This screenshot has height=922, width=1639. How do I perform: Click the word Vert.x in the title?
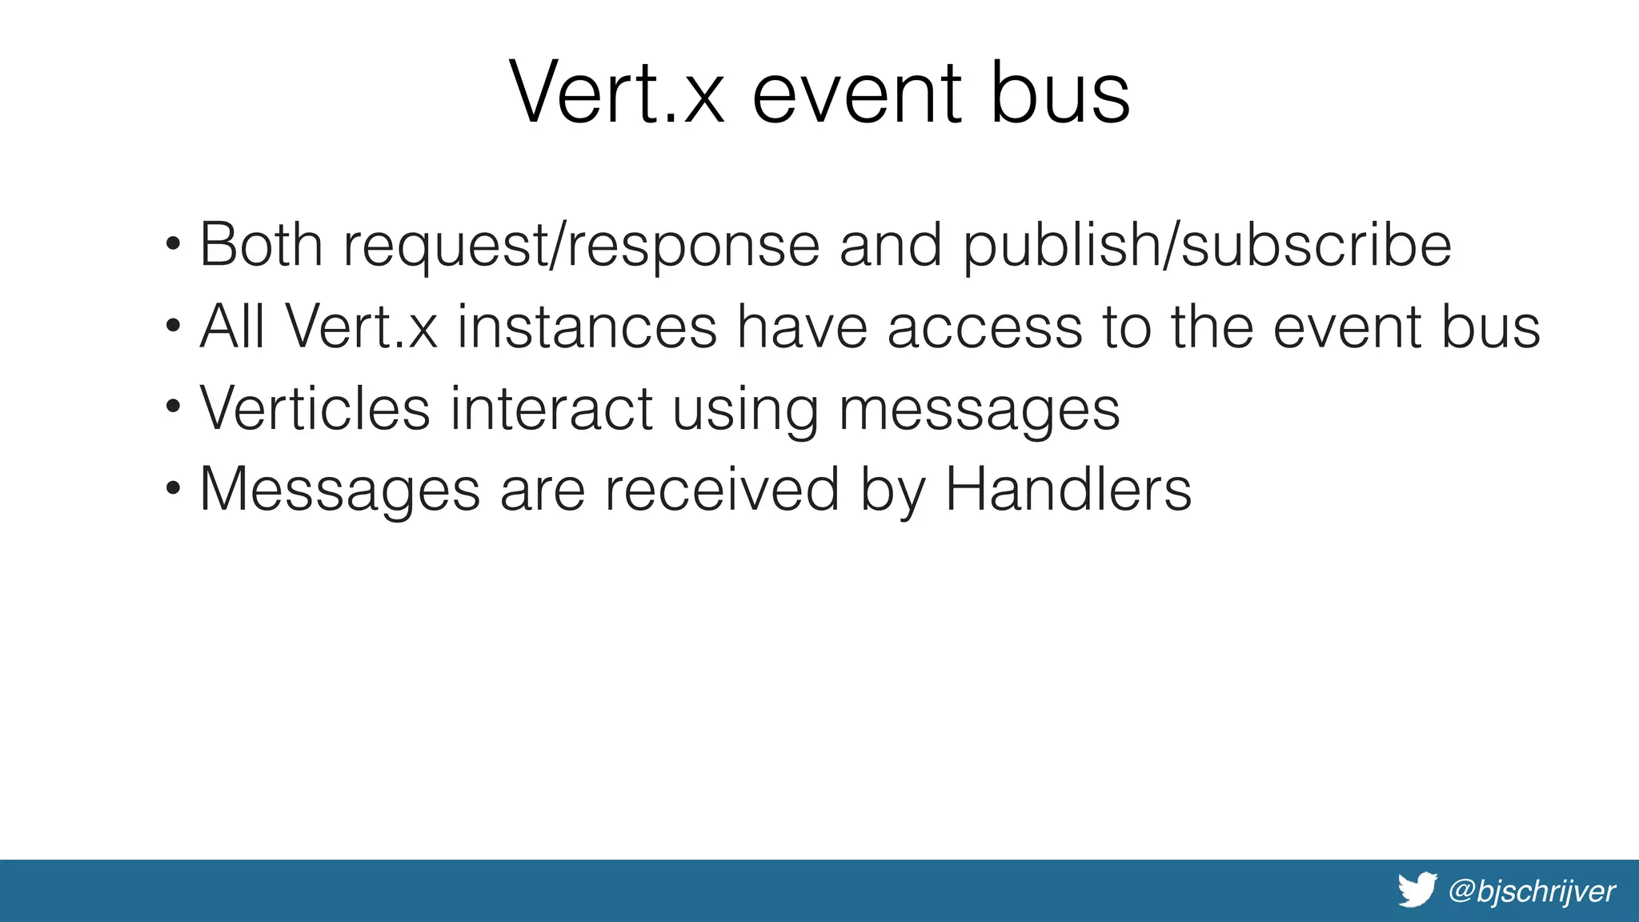point(616,94)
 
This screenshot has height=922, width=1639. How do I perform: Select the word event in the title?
point(856,94)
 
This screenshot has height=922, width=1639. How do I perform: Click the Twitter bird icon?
point(1417,890)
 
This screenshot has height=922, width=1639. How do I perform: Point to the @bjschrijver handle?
point(1532,891)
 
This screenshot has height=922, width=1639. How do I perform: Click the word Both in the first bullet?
point(261,244)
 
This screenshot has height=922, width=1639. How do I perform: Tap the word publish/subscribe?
point(1207,246)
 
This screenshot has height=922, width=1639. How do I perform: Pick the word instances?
point(587,327)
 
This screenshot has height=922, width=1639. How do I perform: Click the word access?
point(984,327)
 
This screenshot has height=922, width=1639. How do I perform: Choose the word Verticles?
point(315,408)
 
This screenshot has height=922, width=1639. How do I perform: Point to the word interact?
point(551,408)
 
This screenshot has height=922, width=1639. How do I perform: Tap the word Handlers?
point(1068,489)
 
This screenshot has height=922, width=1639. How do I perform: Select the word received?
point(722,489)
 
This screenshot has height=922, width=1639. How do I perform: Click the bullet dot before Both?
point(173,243)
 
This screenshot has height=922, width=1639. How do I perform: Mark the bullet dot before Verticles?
point(173,407)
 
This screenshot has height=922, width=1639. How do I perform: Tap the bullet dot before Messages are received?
point(173,487)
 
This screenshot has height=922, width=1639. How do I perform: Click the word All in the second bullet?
point(232,327)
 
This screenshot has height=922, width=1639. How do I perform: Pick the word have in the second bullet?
point(802,327)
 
